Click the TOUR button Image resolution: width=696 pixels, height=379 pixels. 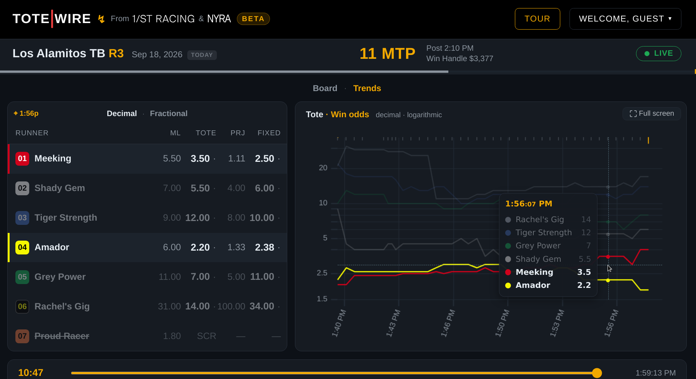point(537,19)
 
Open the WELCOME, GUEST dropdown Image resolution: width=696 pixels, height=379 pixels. point(625,19)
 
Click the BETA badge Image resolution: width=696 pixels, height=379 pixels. point(253,19)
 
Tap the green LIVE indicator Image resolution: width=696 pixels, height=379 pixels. point(658,53)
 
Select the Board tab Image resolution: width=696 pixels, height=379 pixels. point(325,88)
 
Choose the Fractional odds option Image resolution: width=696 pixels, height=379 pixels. point(168,113)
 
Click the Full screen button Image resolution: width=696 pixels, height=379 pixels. point(652,113)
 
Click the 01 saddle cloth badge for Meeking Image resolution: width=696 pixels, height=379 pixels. point(22,158)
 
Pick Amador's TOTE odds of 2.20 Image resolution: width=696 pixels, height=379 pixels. point(200,247)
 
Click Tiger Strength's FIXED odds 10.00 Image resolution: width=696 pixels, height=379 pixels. point(262,218)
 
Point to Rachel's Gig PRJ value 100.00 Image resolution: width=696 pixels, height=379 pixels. point(231,306)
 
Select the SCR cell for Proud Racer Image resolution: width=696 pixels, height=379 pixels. point(206,336)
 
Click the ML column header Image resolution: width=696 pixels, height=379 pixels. point(175,133)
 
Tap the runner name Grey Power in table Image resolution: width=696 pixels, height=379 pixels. point(60,277)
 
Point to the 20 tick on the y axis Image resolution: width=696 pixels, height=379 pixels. point(323,168)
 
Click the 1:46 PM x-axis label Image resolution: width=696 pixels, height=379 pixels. point(448,323)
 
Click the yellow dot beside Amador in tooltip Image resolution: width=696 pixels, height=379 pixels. point(508,285)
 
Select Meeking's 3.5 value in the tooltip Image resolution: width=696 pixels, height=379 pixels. point(584,272)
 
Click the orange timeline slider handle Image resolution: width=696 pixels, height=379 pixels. point(597,373)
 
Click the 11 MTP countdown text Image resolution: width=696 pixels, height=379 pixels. point(387,53)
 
